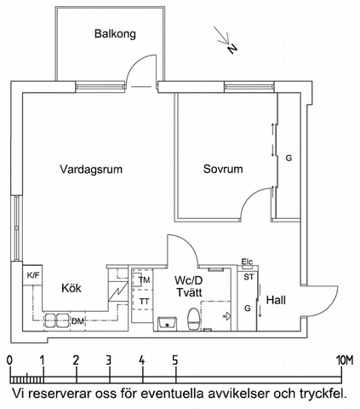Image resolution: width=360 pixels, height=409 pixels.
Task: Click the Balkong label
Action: pyautogui.click(x=115, y=34)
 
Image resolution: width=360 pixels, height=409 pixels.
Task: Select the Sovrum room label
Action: pyautogui.click(x=223, y=170)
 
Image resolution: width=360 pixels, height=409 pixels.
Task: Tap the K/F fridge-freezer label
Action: pyautogui.click(x=33, y=275)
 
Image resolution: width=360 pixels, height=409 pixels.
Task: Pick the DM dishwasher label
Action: pyautogui.click(x=77, y=321)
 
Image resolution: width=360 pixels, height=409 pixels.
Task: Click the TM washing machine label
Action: pyautogui.click(x=145, y=280)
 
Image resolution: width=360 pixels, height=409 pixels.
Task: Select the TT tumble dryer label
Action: pyautogui.click(x=145, y=301)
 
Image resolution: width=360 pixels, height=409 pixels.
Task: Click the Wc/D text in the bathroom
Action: pyautogui.click(x=189, y=280)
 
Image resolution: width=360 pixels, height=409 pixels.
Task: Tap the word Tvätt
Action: pyautogui.click(x=189, y=294)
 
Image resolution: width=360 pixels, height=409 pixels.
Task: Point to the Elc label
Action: pyautogui.click(x=248, y=262)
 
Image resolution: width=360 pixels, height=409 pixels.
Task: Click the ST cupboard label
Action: pyautogui.click(x=249, y=277)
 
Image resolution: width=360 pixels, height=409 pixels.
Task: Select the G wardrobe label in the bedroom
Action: pyautogui.click(x=289, y=159)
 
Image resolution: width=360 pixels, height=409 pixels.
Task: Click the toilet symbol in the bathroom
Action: pyautogui.click(x=193, y=321)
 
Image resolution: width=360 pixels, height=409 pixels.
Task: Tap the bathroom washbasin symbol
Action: pyautogui.click(x=166, y=322)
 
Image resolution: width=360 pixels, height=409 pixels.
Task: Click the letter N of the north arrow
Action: pyautogui.click(x=232, y=49)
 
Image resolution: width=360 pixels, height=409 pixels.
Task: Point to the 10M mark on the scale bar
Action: pyautogui.click(x=344, y=360)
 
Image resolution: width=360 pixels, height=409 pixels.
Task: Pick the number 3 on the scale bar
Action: pyautogui.click(x=108, y=360)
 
